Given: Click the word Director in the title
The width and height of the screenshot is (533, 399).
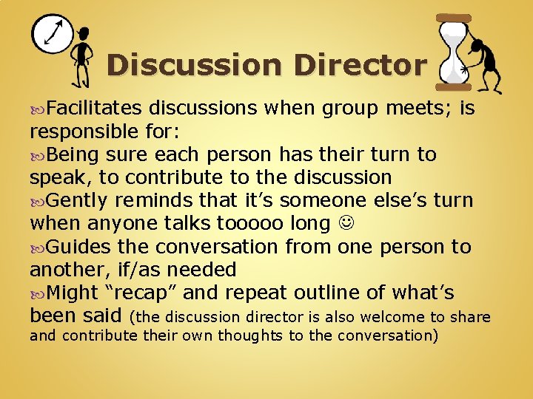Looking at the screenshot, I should (360, 65).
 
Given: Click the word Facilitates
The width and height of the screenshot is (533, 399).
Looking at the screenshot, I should (94, 109).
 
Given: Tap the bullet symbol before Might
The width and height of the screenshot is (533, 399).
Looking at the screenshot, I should (38, 293).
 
